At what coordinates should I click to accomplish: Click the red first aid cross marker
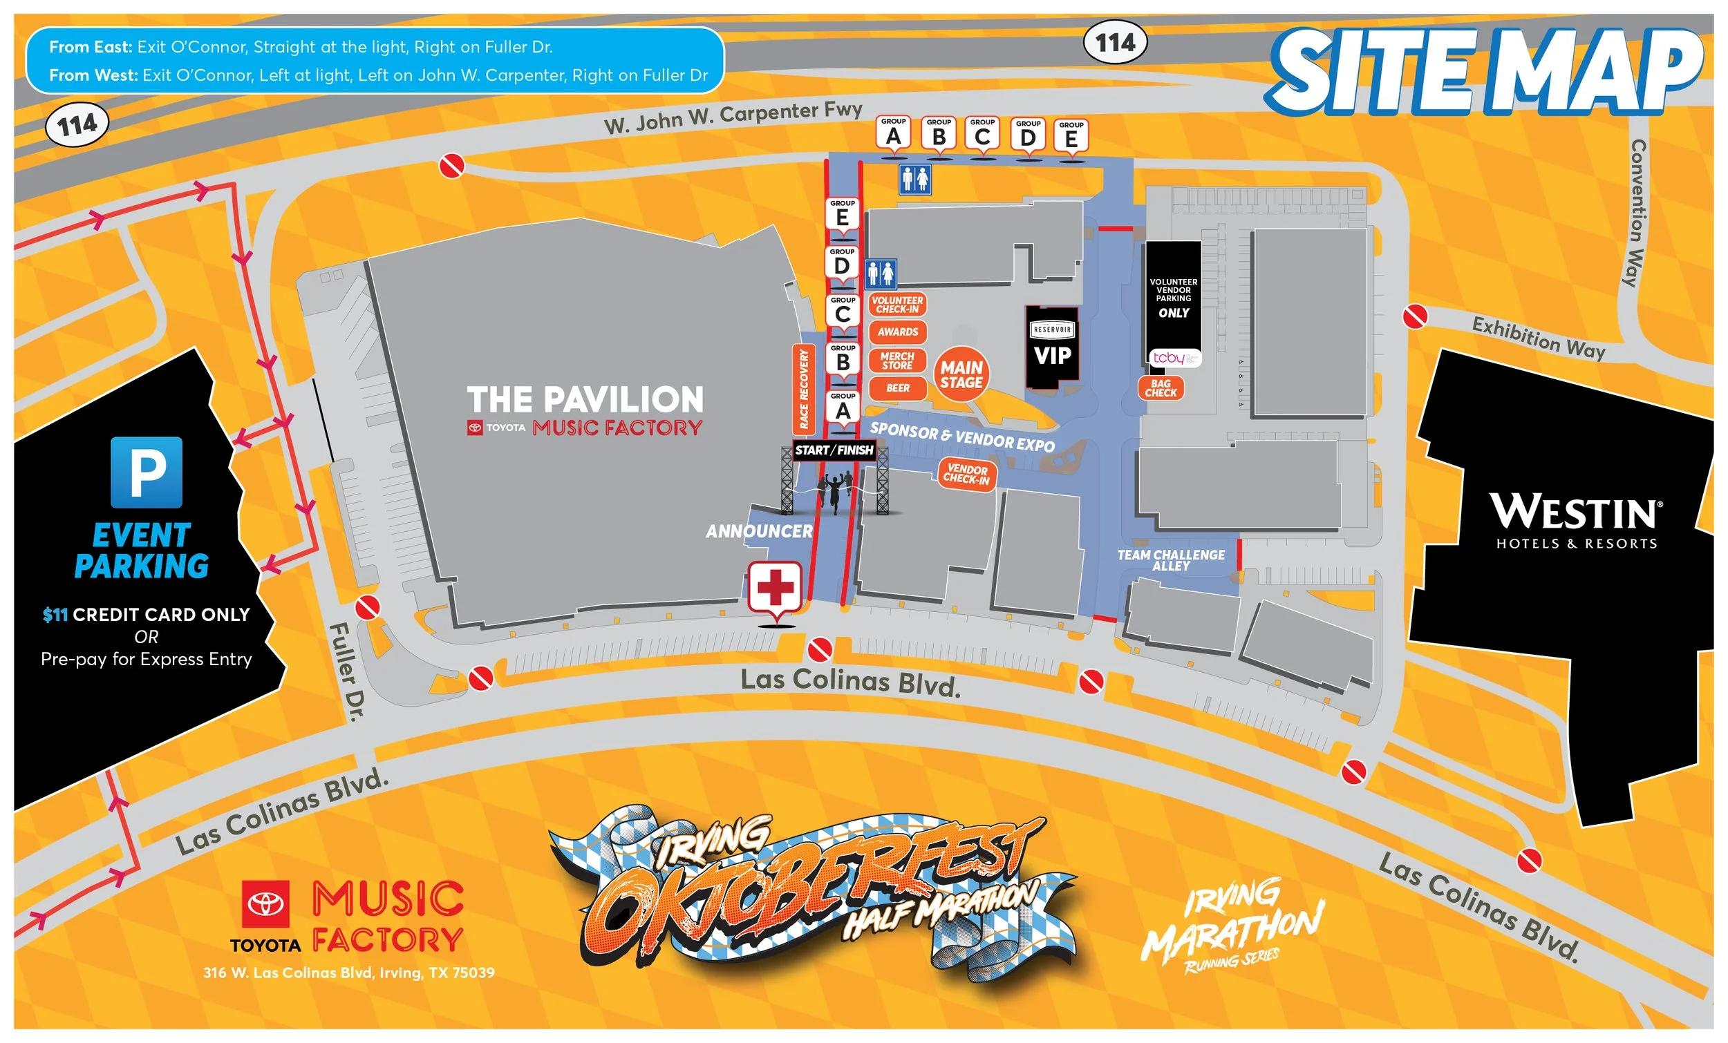775,586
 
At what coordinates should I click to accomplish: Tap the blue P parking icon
147,472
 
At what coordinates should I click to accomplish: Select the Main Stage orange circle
961,375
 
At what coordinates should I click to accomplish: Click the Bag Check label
1161,388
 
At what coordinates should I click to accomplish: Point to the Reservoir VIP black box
1052,347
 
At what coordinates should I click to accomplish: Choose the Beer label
898,388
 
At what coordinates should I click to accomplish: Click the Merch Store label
898,361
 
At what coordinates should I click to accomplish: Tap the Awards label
898,332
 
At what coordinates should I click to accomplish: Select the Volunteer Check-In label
898,305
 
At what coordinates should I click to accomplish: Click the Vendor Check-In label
966,475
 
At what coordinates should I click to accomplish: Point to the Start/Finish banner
834,450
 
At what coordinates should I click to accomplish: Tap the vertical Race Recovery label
804,389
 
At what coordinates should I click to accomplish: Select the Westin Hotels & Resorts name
1577,520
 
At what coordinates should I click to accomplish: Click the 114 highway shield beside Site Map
1115,43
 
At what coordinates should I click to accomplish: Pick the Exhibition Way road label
1539,338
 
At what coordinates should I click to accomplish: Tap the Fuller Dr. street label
348,671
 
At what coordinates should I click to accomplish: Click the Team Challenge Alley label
1171,560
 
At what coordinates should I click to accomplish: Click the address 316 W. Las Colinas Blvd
348,973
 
